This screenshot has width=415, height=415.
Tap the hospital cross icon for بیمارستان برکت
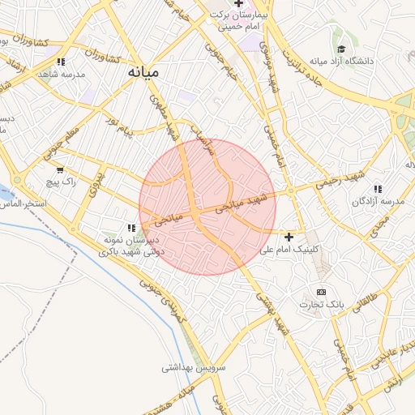pyautogui.click(x=237, y=4)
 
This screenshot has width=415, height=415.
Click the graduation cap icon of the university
pyautogui.click(x=341, y=49)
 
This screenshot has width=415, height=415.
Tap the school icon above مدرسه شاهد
pyautogui.click(x=62, y=61)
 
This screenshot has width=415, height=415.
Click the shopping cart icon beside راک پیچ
pyautogui.click(x=59, y=170)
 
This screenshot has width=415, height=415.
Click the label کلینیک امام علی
pyautogui.click(x=290, y=250)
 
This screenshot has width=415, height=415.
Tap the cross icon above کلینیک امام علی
pyautogui.click(x=289, y=237)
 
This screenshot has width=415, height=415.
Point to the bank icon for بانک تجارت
pyautogui.click(x=322, y=292)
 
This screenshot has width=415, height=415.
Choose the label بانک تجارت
pyautogui.click(x=322, y=305)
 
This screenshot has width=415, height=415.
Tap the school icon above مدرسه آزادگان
pyautogui.click(x=378, y=189)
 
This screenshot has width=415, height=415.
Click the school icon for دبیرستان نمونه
pyautogui.click(x=132, y=228)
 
